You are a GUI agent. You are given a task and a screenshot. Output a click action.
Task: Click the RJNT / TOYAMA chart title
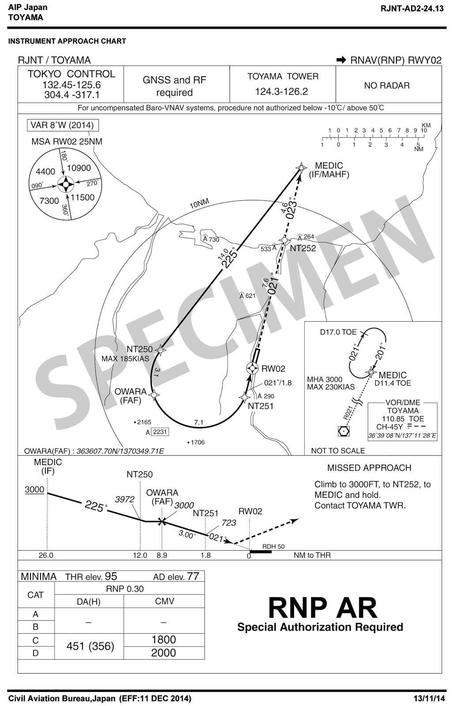(x=54, y=60)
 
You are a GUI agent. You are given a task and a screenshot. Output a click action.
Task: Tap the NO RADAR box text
(x=387, y=85)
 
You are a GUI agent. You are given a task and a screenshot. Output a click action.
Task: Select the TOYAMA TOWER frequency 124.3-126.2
(x=282, y=92)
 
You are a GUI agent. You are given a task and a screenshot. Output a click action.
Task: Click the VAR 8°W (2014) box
(x=62, y=125)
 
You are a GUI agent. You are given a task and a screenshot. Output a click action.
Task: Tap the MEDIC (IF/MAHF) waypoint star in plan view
(x=302, y=167)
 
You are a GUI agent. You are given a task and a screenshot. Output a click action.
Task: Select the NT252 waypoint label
(x=303, y=248)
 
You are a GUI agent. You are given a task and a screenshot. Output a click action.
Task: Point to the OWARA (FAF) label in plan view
(x=130, y=396)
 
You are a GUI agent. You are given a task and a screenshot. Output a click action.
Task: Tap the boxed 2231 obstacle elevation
(x=159, y=432)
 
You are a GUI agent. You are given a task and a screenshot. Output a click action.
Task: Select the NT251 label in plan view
(x=260, y=406)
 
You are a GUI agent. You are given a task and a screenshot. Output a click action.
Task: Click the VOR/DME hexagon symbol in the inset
(x=343, y=431)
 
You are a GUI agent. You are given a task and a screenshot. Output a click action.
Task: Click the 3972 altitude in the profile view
(x=124, y=499)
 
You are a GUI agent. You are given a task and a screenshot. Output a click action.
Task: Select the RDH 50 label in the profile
(x=273, y=546)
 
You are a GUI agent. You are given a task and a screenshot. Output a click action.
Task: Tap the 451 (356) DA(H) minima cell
(x=90, y=646)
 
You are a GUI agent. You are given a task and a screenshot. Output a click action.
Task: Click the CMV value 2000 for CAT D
(x=163, y=653)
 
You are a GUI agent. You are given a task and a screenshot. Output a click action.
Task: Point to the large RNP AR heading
(x=323, y=608)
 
